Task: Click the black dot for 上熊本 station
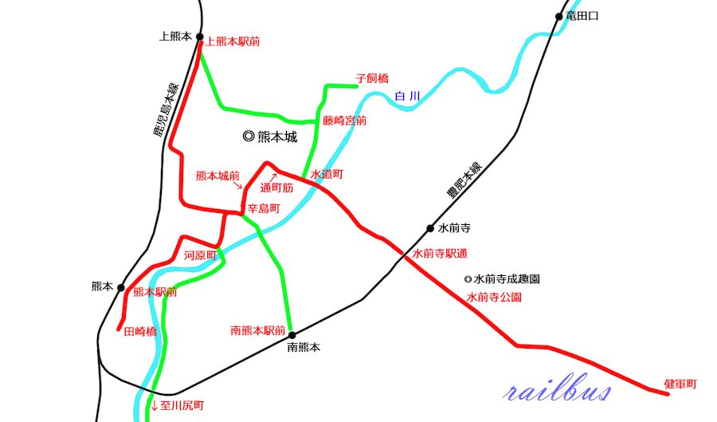199,37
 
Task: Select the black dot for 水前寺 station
430,227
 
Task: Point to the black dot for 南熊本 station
292,334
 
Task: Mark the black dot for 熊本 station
121,287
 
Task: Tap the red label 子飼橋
371,78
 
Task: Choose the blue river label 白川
406,97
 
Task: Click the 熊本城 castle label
270,136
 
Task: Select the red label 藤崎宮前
345,120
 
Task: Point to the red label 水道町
326,173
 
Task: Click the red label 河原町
200,255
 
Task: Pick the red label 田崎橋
140,331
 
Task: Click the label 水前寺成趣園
502,280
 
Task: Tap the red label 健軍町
680,385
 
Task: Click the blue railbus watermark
558,391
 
